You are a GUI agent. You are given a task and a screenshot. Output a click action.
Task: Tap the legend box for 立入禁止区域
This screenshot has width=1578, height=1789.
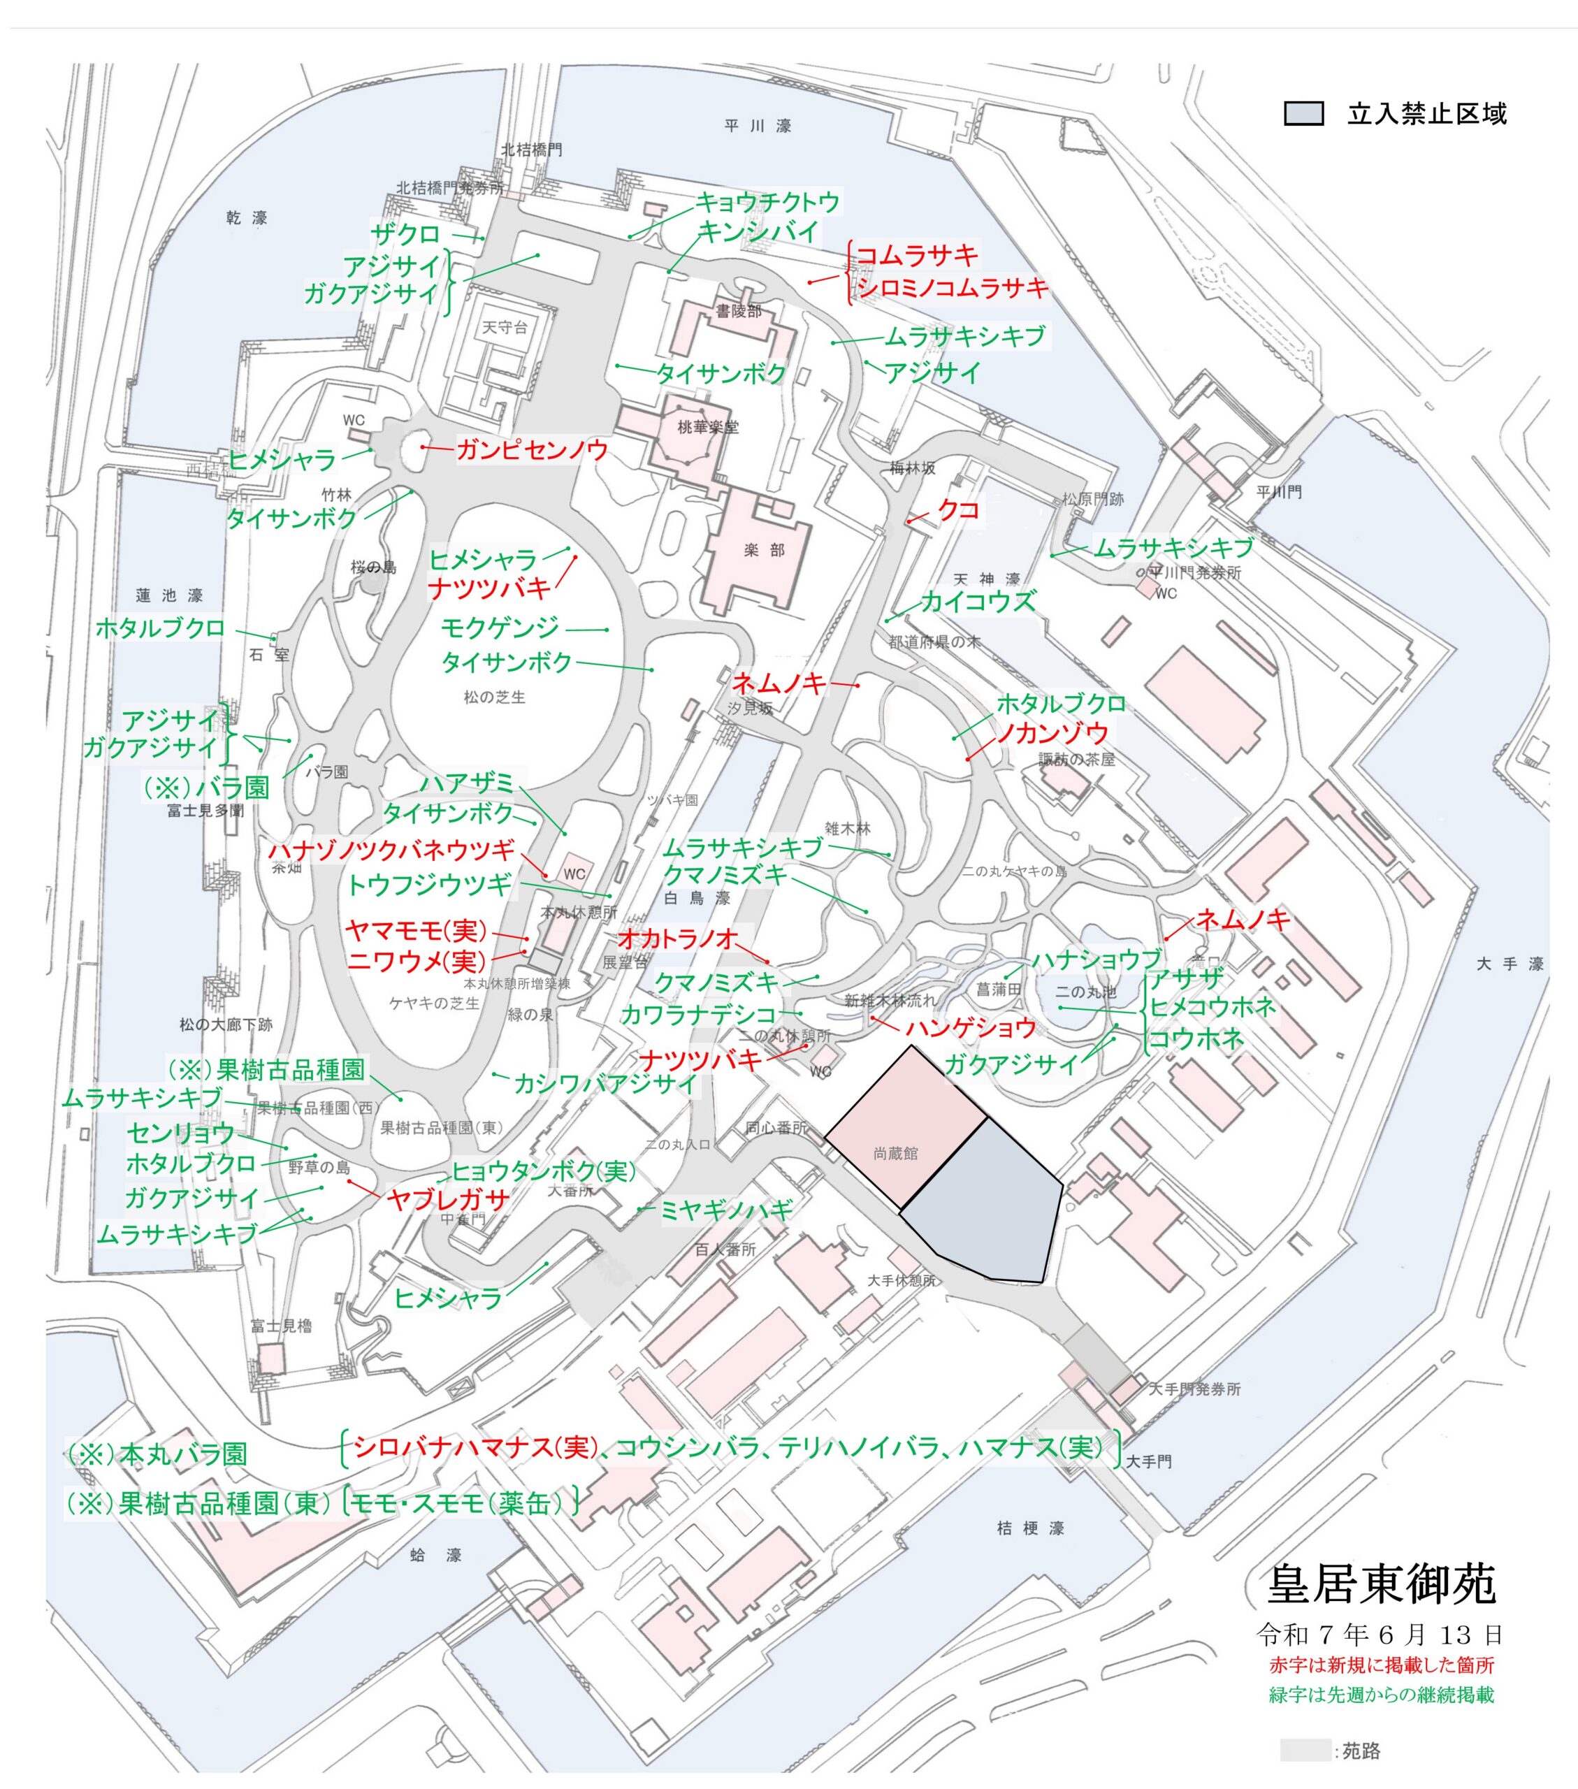point(1303,114)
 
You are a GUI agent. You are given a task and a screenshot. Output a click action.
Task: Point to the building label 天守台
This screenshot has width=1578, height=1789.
point(505,327)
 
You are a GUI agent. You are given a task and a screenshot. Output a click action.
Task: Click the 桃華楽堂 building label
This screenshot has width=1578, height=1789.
point(707,427)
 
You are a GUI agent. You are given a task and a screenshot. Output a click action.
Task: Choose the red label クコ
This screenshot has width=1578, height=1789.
point(957,509)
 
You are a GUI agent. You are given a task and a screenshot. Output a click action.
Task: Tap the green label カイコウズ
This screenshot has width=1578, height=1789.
point(978,600)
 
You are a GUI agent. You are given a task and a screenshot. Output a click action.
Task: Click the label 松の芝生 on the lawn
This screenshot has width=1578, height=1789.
point(495,697)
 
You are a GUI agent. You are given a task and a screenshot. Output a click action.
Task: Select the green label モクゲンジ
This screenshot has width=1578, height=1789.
point(500,627)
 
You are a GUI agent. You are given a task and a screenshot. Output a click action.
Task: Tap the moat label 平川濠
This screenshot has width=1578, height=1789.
point(758,126)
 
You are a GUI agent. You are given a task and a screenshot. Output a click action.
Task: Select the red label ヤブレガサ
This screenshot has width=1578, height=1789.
point(447,1199)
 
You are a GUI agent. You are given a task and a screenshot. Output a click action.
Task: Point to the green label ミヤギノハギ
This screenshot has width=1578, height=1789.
point(725,1210)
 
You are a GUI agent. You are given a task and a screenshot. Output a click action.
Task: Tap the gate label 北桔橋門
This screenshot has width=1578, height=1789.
point(531,150)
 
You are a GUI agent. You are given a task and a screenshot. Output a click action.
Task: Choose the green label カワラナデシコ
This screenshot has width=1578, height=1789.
point(698,1015)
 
